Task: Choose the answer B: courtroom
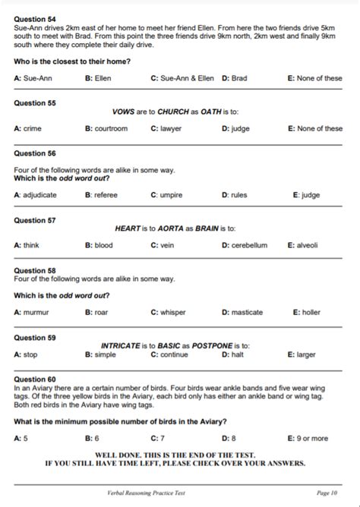click(x=106, y=129)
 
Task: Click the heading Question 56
click(x=35, y=153)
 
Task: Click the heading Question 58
click(x=35, y=270)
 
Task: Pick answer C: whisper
click(x=168, y=312)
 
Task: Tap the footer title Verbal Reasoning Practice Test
click(x=146, y=493)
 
